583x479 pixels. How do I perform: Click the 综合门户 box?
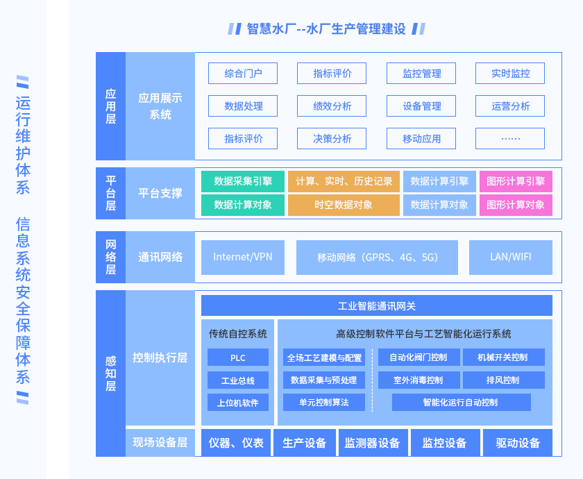[243, 74]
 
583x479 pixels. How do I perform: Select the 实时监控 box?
[510, 74]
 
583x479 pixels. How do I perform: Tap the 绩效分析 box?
[332, 106]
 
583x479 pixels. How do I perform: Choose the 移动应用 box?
[421, 139]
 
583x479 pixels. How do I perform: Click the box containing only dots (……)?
[510, 139]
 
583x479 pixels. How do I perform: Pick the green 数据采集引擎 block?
[243, 181]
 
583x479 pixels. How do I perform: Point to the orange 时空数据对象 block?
[344, 205]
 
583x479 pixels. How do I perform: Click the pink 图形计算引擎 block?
[516, 181]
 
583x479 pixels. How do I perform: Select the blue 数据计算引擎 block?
[439, 181]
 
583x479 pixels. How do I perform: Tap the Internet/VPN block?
[243, 258]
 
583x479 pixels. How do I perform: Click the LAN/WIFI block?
[511, 258]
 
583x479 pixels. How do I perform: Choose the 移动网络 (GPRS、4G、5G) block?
[377, 258]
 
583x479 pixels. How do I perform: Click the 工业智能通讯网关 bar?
[377, 305]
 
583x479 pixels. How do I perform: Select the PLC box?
[238, 358]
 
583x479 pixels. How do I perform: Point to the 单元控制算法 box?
[324, 403]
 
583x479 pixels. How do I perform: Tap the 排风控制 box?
[503, 380]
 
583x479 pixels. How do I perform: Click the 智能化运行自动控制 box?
[461, 403]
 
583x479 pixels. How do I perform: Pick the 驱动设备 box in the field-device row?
[518, 443]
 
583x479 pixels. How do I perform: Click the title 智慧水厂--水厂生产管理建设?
[326, 28]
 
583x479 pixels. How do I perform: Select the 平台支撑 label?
[160, 194]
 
